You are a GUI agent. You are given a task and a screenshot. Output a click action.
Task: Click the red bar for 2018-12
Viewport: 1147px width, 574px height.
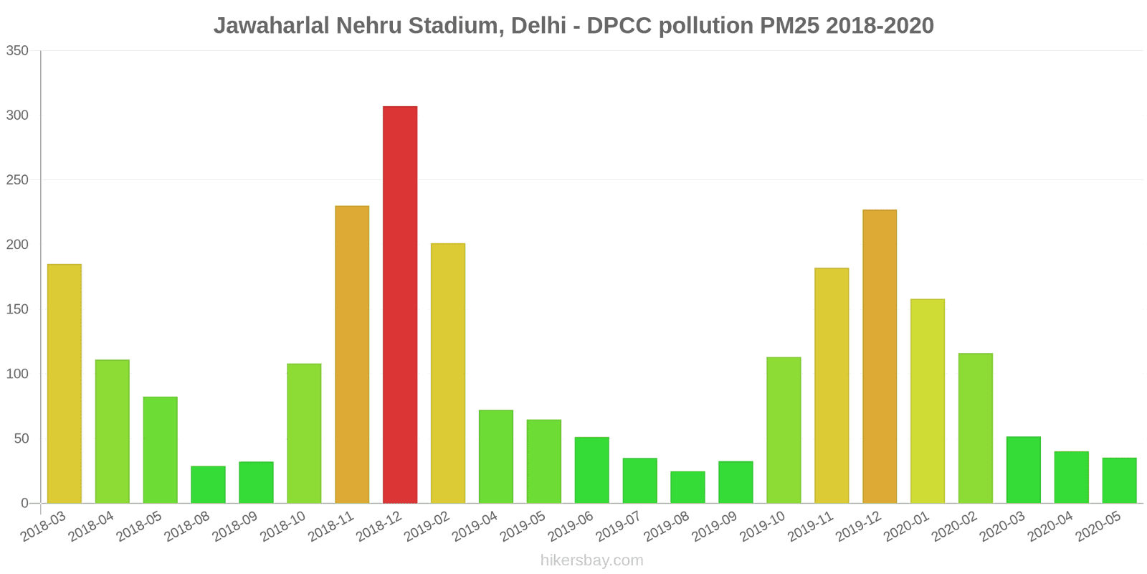point(400,305)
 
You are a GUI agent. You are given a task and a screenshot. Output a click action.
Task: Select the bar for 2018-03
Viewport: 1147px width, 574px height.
point(65,384)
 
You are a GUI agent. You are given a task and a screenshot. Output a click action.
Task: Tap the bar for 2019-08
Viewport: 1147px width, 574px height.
point(687,487)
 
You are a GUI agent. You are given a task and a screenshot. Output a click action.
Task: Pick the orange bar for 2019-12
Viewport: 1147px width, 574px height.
point(880,357)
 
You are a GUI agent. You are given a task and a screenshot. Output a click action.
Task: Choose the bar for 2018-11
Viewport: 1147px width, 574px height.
point(352,354)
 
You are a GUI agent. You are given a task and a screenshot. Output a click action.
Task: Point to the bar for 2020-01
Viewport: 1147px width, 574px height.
point(928,401)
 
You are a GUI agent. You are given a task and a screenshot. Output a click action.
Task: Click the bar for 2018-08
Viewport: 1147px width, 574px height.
point(208,485)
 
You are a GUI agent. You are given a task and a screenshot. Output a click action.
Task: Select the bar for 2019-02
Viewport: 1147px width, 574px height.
point(448,373)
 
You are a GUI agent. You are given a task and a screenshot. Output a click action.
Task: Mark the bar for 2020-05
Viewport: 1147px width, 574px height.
point(1119,481)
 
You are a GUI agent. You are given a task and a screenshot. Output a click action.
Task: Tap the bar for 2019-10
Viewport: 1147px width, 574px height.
point(784,430)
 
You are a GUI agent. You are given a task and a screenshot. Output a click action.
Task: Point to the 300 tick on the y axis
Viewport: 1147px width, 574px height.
point(17,116)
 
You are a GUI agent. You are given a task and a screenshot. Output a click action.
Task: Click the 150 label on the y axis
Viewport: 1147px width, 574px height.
point(17,309)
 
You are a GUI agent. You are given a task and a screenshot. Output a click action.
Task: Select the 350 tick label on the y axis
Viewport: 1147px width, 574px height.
point(17,51)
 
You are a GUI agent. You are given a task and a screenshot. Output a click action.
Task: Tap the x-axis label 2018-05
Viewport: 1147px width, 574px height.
point(140,527)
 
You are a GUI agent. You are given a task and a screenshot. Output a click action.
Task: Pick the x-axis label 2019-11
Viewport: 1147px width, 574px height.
point(811,527)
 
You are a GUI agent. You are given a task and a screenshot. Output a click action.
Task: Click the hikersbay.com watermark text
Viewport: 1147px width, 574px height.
point(592,560)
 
